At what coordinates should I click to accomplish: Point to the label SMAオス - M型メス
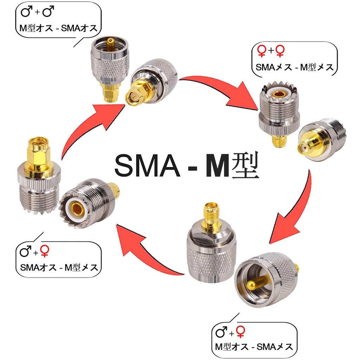pyautogui.click(x=58, y=268)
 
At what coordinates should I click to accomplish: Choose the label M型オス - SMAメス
pyautogui.click(x=254, y=347)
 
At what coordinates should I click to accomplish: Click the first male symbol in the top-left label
pyautogui.click(x=26, y=13)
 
